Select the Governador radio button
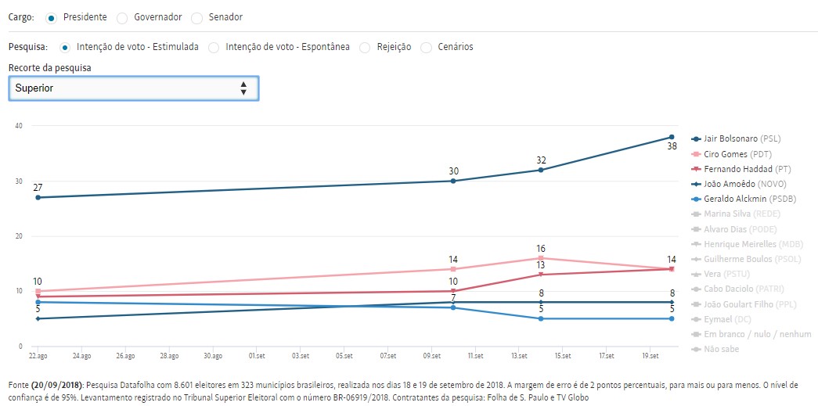(x=121, y=17)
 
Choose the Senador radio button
(x=196, y=17)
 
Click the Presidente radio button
(x=51, y=17)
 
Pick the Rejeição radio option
(x=365, y=47)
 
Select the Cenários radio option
(x=427, y=47)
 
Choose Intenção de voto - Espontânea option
(x=214, y=47)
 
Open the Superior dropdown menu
(x=133, y=88)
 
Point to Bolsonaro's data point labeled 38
(x=672, y=137)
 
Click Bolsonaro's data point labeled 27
(x=38, y=197)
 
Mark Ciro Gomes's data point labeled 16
(x=541, y=258)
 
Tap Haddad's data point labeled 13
(x=541, y=275)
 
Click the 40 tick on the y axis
(x=18, y=126)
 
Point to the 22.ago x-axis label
(x=38, y=355)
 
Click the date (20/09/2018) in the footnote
(x=57, y=385)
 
